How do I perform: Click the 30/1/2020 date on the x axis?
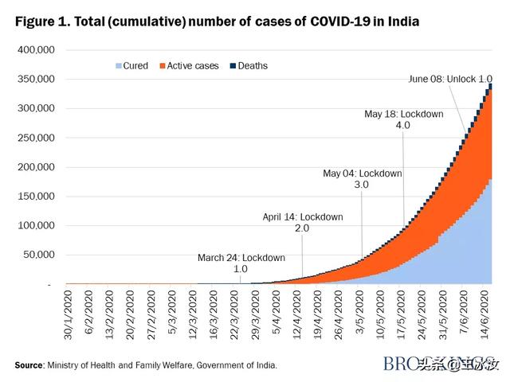pyautogui.click(x=69, y=314)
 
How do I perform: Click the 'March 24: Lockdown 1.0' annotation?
pyautogui.click(x=241, y=263)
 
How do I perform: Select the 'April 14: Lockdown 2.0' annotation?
pyautogui.click(x=302, y=222)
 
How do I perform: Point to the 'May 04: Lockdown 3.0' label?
pyautogui.click(x=362, y=178)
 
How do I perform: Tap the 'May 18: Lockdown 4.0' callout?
pyautogui.click(x=403, y=119)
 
